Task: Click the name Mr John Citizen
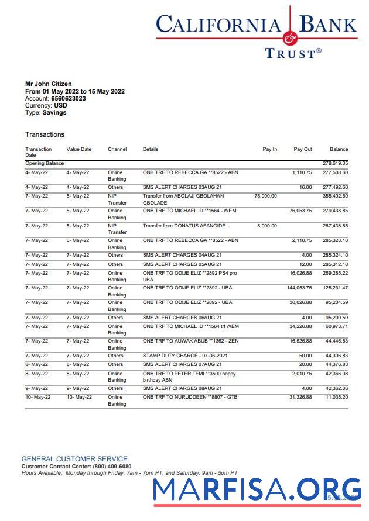[49, 84]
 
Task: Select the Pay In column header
[269, 149]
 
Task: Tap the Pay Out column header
[303, 149]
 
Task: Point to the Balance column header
[339, 149]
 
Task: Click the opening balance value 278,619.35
[336, 164]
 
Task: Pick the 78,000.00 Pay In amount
[265, 196]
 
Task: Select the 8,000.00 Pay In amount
[267, 226]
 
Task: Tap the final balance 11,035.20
[337, 397]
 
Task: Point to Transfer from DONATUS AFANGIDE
[184, 226]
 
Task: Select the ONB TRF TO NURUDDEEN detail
[189, 397]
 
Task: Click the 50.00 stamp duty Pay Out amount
[306, 356]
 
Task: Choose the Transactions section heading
[45, 134]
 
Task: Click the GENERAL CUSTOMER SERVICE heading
[74, 459]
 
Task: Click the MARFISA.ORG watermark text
[258, 490]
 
